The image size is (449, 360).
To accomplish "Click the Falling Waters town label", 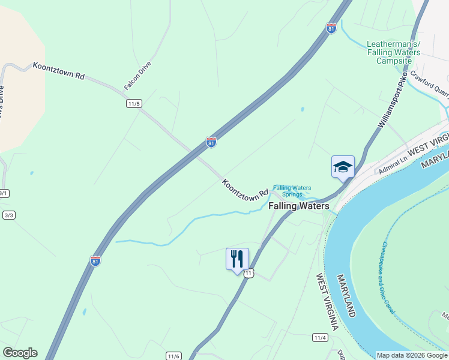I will (x=298, y=206).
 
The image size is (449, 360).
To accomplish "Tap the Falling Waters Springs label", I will (x=292, y=191).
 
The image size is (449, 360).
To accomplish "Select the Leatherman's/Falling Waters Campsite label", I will (x=393, y=52).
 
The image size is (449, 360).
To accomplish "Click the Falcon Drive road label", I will (x=137, y=76).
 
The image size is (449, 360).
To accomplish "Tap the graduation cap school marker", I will (x=343, y=166).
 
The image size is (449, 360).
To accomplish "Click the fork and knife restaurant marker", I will (x=237, y=259).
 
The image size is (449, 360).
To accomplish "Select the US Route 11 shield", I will (x=250, y=273).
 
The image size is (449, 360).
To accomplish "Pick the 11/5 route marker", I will (x=134, y=104).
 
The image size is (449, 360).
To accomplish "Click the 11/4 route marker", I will (x=321, y=338).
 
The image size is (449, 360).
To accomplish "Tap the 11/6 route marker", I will (x=174, y=356).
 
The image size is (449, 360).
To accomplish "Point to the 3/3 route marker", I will (x=8, y=215).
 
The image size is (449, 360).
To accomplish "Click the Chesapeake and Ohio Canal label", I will (x=387, y=280).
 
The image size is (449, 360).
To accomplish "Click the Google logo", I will (x=20, y=353).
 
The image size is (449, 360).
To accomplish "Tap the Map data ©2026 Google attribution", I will (x=412, y=355).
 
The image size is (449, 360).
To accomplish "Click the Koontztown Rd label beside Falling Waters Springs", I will (x=245, y=189).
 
